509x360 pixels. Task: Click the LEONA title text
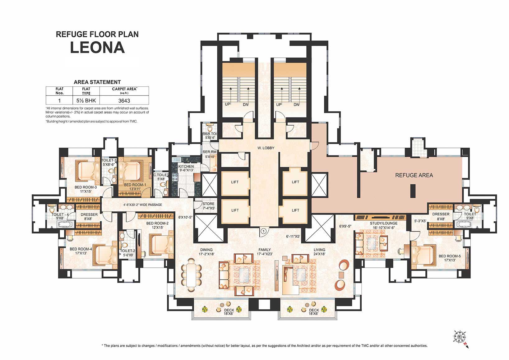pos(97,48)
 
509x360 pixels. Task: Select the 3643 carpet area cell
pos(124,100)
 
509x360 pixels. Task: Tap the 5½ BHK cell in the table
pos(86,100)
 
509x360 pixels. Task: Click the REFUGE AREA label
pos(414,175)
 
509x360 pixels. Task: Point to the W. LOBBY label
pos(266,148)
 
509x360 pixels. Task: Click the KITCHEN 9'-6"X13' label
pos(186,168)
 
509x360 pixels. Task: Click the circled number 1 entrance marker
pos(263,231)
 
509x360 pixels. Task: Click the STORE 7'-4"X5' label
pos(208,206)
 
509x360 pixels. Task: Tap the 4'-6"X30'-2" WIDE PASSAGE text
pos(143,205)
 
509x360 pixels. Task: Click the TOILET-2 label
pos(128,253)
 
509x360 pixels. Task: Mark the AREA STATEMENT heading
pos(97,82)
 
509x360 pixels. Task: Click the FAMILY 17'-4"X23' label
pos(264,252)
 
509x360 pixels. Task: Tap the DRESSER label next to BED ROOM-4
pos(89,216)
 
